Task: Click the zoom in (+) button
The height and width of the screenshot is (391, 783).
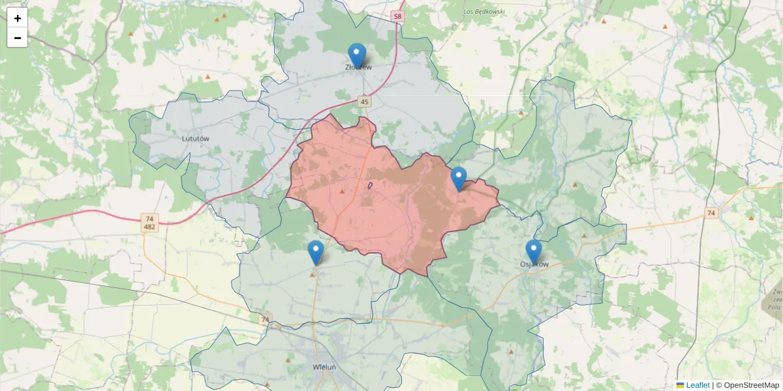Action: [x=18, y=18]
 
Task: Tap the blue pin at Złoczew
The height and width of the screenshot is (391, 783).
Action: [x=357, y=55]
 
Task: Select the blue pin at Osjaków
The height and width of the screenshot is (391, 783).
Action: [x=534, y=252]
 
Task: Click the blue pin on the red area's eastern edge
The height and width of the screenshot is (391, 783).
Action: [x=459, y=179]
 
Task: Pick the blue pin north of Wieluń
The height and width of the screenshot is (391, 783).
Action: [x=316, y=252]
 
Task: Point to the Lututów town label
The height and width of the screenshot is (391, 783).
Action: [x=195, y=139]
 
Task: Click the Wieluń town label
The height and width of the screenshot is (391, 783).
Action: [x=324, y=367]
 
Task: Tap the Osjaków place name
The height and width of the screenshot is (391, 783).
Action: [x=534, y=265]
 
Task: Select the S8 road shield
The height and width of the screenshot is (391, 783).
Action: [x=398, y=16]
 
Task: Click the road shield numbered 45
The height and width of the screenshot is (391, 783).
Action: [x=364, y=102]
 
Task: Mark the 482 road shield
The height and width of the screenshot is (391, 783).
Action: [x=150, y=227]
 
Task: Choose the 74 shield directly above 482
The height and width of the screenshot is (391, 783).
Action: [x=150, y=218]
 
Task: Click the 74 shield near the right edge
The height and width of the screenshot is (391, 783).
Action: [x=711, y=213]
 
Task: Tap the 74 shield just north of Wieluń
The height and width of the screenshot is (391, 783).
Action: [x=264, y=319]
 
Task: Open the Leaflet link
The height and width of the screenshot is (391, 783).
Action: [x=698, y=385]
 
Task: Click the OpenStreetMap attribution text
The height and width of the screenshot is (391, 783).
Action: [x=751, y=385]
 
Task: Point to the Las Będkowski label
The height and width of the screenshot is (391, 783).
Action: [x=484, y=12]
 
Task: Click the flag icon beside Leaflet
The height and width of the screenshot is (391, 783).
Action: [x=680, y=385]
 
